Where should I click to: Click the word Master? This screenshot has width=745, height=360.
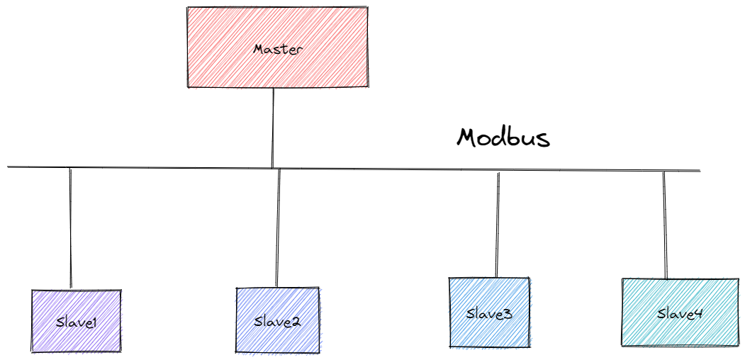click(x=278, y=50)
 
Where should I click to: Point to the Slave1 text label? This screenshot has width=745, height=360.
click(x=76, y=322)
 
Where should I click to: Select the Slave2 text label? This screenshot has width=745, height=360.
click(x=277, y=321)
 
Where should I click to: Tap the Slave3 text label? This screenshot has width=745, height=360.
click(x=489, y=313)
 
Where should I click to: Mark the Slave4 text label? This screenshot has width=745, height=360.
click(x=679, y=313)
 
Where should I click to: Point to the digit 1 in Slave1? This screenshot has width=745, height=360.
click(x=94, y=322)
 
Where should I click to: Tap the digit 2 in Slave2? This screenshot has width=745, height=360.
click(x=296, y=321)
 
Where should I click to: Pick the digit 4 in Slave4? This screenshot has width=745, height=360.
click(x=698, y=313)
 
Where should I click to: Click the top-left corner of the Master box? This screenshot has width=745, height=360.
click(x=189, y=9)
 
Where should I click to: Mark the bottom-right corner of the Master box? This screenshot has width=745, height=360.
click(x=367, y=86)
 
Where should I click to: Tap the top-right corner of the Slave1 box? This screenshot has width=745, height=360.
click(x=120, y=292)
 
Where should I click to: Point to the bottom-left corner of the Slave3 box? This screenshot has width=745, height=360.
click(x=451, y=346)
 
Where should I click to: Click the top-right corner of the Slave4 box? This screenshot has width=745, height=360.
click(x=737, y=281)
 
